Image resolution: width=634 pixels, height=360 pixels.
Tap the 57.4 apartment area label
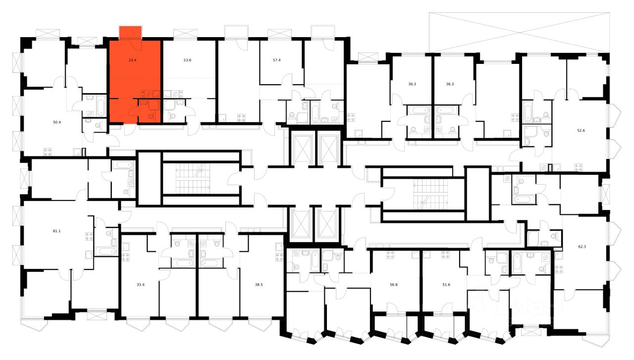point(277,60)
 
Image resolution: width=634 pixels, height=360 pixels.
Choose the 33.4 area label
point(140,285)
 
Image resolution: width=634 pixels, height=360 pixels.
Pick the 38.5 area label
point(259,285)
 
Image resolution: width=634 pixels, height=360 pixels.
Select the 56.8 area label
point(394,285)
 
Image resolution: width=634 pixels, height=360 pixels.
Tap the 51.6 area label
point(446,285)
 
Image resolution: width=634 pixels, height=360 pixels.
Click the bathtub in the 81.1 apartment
point(106,251)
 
